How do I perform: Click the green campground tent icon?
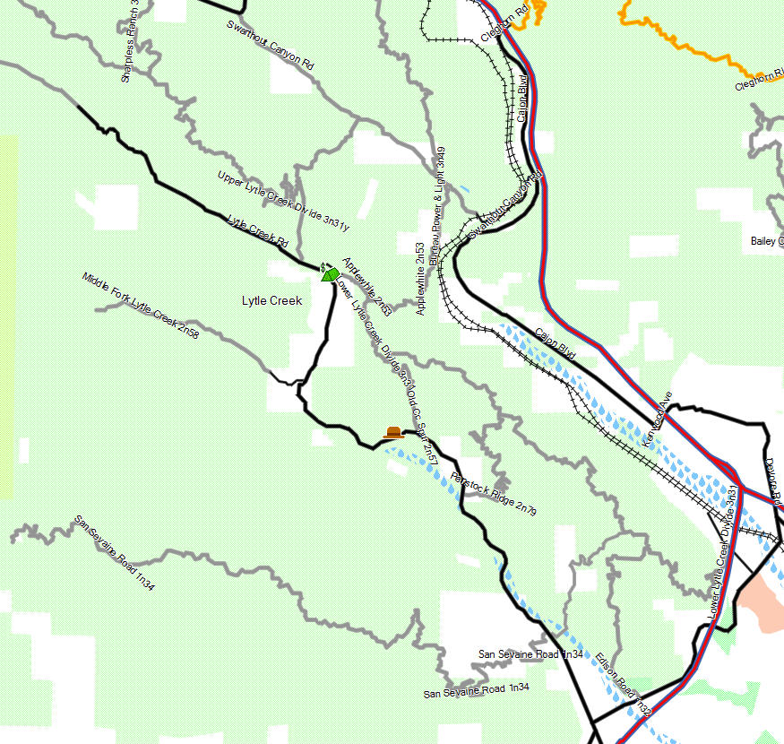pyautogui.click(x=331, y=273)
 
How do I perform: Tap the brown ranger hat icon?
pyautogui.click(x=392, y=432)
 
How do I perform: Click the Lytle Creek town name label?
pyautogui.click(x=271, y=300)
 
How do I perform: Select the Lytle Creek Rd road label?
pyautogui.click(x=257, y=231)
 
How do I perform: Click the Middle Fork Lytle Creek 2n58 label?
pyautogui.click(x=141, y=305)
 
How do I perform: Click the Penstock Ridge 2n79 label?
pyautogui.click(x=494, y=493)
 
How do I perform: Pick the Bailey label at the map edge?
pyautogui.click(x=766, y=241)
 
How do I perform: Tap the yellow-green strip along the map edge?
pyautogui.click(x=8, y=314)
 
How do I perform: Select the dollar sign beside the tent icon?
pyautogui.click(x=323, y=266)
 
